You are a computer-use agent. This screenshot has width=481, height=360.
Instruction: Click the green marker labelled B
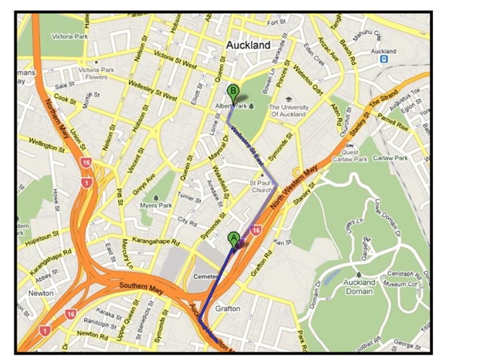coord(234,92)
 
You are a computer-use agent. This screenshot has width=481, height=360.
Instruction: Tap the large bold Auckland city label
coord(247,45)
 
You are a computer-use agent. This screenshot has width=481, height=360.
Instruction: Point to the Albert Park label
coord(232,106)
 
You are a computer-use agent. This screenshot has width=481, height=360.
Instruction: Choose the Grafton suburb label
coord(228,308)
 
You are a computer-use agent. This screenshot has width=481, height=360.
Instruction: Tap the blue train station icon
coord(384,58)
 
